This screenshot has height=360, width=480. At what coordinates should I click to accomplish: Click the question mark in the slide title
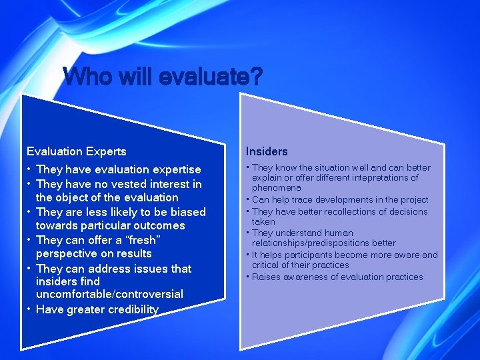(256, 77)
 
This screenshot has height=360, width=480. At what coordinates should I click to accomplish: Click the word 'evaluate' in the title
(203, 77)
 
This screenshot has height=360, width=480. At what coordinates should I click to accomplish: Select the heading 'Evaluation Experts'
(76, 151)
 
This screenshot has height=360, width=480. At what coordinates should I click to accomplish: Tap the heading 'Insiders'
(267, 151)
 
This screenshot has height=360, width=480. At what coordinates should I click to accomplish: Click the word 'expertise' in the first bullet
(176, 170)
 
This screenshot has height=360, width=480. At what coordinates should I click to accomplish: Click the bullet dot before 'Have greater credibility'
(29, 309)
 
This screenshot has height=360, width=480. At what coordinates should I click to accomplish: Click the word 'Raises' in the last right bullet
(266, 277)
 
